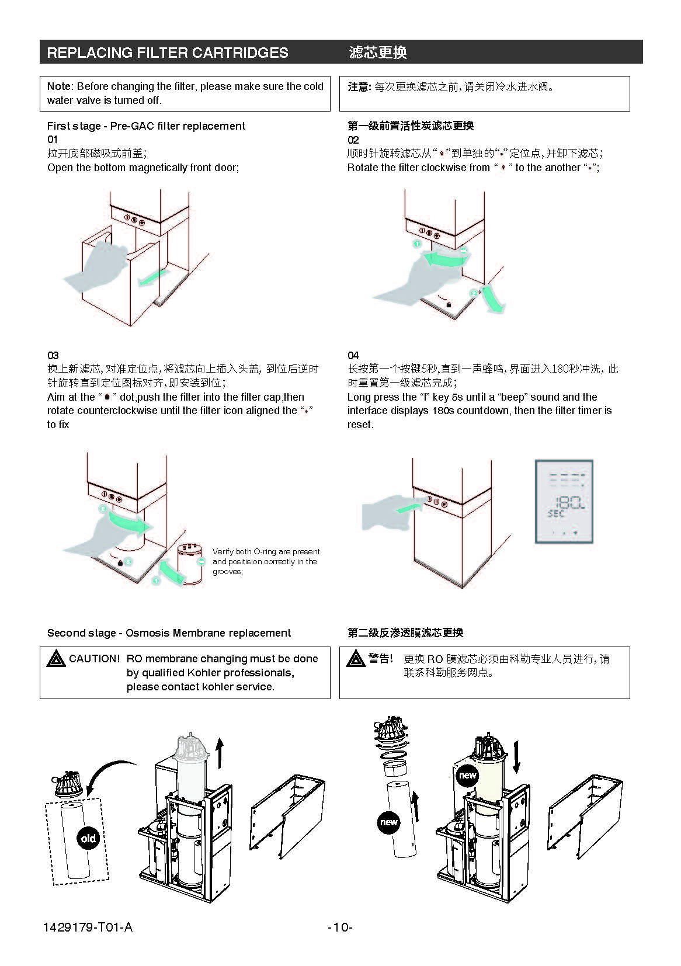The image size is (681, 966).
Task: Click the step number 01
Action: [53, 140]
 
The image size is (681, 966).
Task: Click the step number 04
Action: [353, 355]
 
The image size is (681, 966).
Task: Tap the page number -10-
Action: [340, 927]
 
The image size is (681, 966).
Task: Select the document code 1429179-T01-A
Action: [88, 927]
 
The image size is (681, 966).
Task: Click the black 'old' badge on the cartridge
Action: [88, 839]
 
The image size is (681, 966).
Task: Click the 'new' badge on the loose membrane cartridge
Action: [389, 822]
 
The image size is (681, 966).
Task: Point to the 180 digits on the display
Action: [569, 503]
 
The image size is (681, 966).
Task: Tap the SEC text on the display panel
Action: [556, 513]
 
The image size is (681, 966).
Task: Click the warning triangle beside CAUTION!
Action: [56, 659]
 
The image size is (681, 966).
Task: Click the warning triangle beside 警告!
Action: [356, 659]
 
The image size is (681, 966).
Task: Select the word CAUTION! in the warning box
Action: [94, 659]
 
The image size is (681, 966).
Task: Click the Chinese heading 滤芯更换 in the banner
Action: [378, 53]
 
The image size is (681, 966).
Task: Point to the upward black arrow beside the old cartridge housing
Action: [220, 753]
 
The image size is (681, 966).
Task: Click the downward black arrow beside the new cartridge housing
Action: [516, 758]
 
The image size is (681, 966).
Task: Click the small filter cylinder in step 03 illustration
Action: [190, 564]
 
